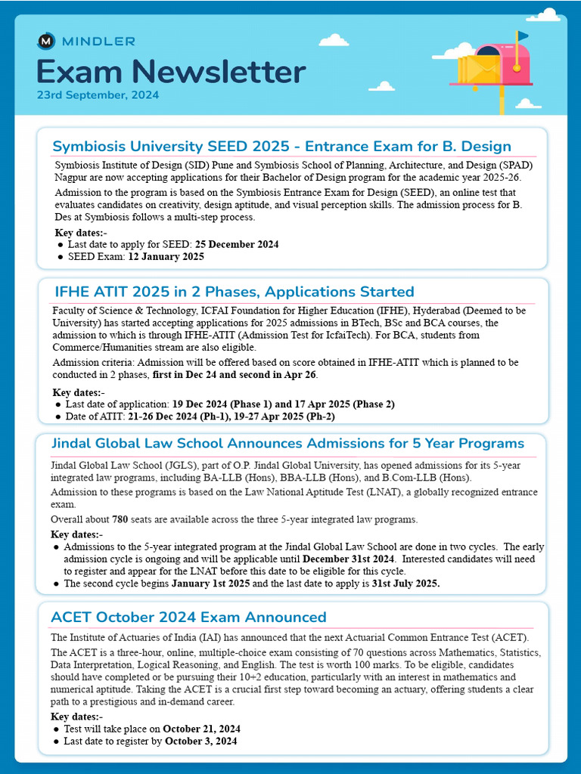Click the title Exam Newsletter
(x=171, y=72)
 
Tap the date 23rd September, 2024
(x=98, y=96)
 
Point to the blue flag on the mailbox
(x=523, y=36)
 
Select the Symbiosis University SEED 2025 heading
(x=281, y=146)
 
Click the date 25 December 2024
(x=237, y=244)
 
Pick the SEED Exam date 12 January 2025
(x=161, y=256)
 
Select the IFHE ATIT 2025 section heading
(x=235, y=292)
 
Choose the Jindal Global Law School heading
(x=287, y=443)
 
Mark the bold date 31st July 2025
(x=405, y=584)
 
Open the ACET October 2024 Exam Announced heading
(x=188, y=617)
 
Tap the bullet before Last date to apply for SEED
(x=61, y=245)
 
